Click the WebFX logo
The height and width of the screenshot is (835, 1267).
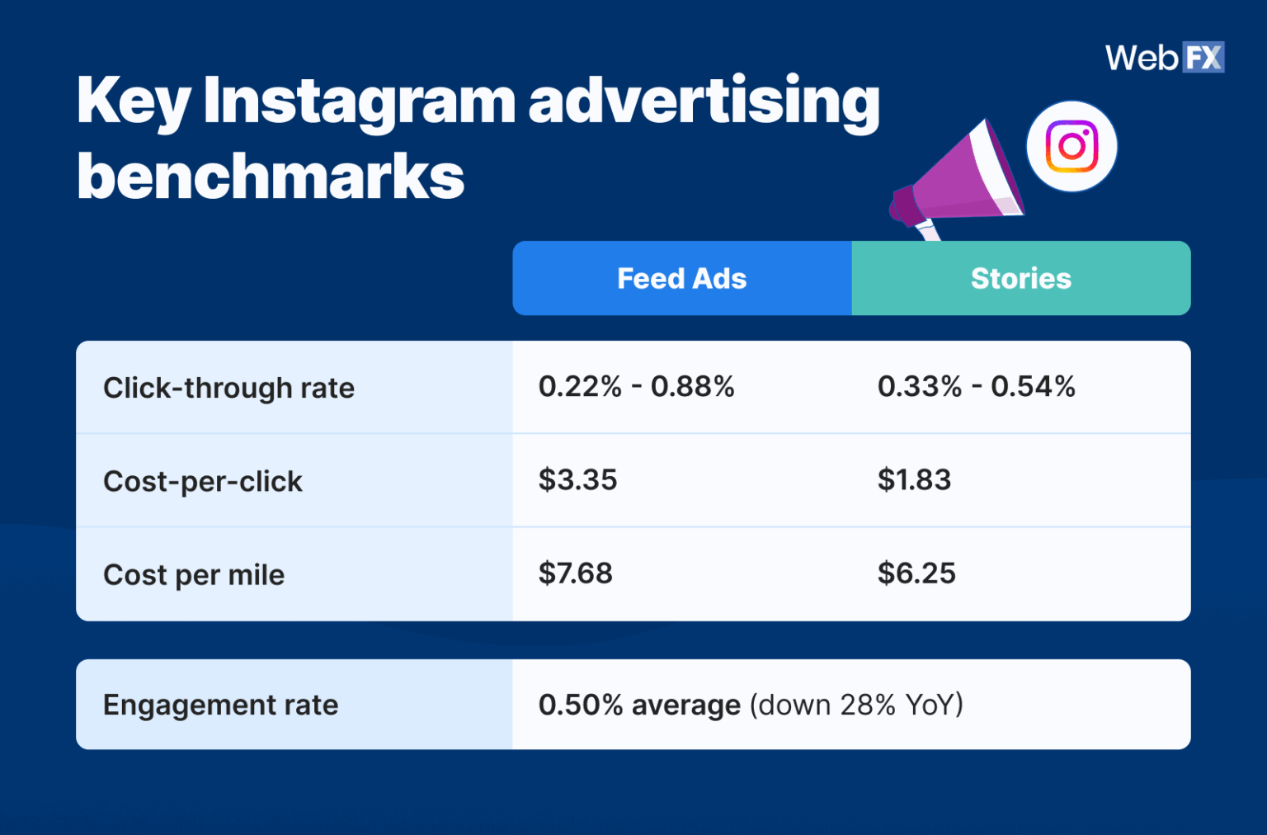tap(1164, 58)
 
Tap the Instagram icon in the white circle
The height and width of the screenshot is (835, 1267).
tap(1071, 147)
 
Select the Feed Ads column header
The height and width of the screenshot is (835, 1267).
tap(681, 279)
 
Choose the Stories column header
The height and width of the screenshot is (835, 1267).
tap(1020, 279)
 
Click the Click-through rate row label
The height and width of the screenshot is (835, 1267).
tap(228, 388)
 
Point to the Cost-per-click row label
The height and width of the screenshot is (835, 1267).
tap(203, 481)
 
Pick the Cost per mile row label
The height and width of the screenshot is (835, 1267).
tap(194, 575)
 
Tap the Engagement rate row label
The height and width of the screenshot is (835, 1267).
tap(220, 705)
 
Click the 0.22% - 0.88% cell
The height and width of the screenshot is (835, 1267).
tap(636, 386)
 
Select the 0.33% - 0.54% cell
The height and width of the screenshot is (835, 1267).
tap(976, 386)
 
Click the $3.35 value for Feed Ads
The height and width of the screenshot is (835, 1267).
tap(577, 480)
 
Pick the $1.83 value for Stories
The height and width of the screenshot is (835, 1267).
tap(914, 480)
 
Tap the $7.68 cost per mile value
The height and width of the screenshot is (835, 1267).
tap(575, 573)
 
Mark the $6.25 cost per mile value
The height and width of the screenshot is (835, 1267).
tap(916, 573)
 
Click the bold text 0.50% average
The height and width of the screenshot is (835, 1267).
tap(639, 705)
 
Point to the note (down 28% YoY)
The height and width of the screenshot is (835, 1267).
tap(856, 705)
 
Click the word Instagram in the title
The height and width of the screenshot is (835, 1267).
tap(359, 101)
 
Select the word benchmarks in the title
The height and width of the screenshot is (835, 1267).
tap(271, 177)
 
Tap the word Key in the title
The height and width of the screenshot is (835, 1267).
tap(133, 101)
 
